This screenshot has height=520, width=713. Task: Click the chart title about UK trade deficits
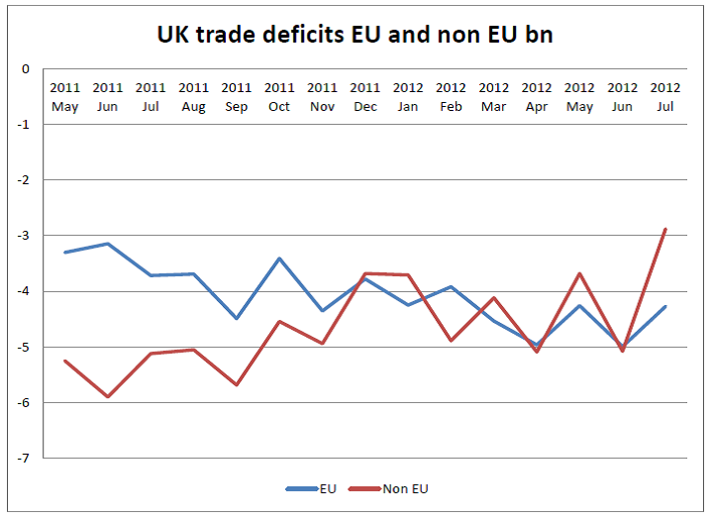pos(356,34)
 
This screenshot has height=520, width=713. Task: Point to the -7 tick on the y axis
pos(24,458)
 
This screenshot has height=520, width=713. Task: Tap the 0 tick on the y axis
pos(26,69)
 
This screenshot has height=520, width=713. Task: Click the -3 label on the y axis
pos(24,236)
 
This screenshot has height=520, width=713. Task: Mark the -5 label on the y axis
pos(24,347)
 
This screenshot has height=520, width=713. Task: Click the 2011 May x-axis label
pos(65,97)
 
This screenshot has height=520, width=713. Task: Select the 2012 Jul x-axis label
pos(664,97)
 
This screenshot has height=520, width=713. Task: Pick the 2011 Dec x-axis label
pos(365,97)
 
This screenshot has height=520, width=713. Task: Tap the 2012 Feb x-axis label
pos(451,97)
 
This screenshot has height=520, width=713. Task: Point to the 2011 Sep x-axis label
pos(237,97)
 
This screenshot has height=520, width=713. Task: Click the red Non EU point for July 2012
pos(664,230)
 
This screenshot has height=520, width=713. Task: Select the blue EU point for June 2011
pos(108,244)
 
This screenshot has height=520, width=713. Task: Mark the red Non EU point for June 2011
pos(108,396)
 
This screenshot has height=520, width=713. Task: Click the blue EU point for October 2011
pos(279,259)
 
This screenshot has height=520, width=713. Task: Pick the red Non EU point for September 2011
pos(237,384)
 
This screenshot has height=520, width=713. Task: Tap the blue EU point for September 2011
pos(237,318)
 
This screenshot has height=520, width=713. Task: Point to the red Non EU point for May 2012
pos(579,273)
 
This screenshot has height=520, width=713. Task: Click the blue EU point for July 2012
pos(664,306)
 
